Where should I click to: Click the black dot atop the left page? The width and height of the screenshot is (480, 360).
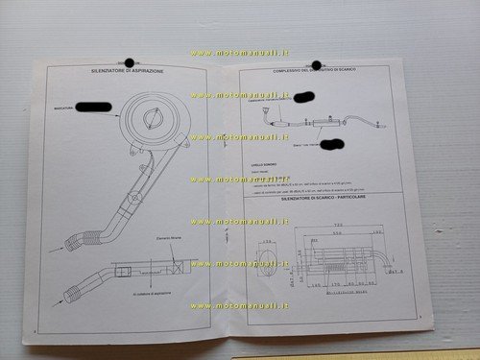pos(131,62)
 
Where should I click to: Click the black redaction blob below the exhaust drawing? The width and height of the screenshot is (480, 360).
pos(332,146)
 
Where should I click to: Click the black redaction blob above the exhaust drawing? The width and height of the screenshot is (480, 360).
pos(304,97)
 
